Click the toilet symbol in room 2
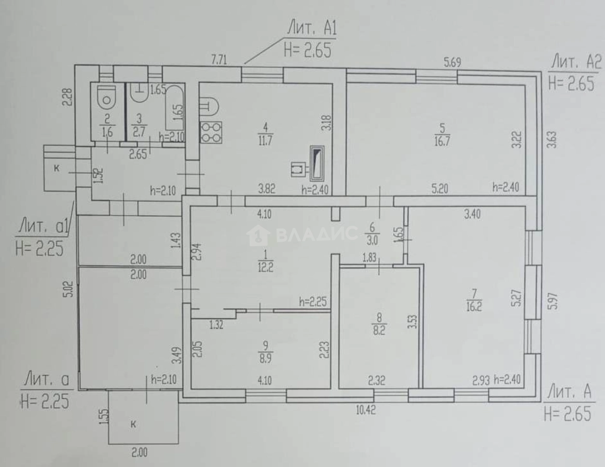click(106, 98)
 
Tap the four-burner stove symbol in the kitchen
click(212, 132)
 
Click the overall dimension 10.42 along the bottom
click(366, 411)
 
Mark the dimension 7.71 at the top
click(220, 60)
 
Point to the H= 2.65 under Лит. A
click(567, 414)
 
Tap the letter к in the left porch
click(57, 168)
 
